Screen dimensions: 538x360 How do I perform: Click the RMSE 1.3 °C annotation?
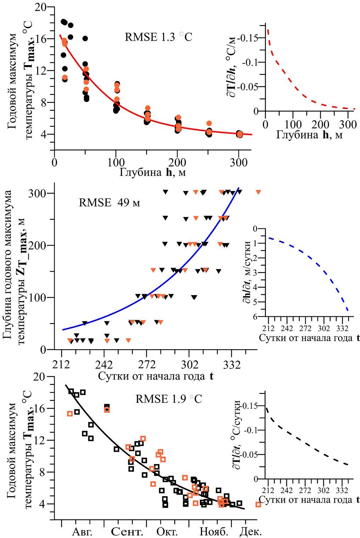158,37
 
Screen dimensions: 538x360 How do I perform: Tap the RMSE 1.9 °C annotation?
169,399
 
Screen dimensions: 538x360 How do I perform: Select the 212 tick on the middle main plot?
61,364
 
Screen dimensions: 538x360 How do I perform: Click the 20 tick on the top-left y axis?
42,7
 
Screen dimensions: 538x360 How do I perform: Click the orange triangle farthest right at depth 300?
258,192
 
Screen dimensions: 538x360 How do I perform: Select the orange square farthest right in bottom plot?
258,504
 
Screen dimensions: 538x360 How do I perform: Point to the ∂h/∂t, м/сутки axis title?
248,272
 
